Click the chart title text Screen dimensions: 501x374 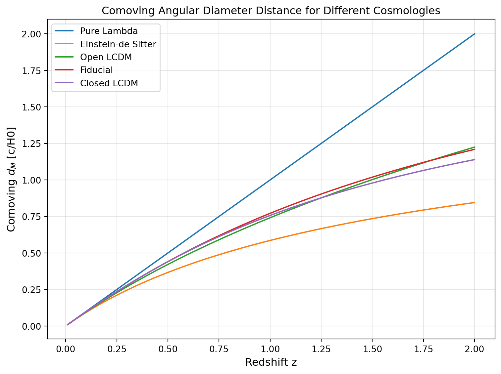coord(271,11)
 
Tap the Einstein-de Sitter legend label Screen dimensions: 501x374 coord(118,44)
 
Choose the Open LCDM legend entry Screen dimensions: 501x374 coord(106,57)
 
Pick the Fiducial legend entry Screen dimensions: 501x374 coord(96,70)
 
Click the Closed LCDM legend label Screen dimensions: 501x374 coord(109,83)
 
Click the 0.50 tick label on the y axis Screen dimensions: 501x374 coord(31,253)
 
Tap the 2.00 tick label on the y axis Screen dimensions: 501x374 coord(31,34)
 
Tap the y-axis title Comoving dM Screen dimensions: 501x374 coord(11,179)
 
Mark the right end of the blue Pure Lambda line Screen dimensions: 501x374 coord(475,34)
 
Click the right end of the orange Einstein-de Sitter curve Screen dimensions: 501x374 coord(475,202)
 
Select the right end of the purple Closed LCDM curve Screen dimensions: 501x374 coord(475,159)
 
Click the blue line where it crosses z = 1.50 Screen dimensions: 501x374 coord(372,107)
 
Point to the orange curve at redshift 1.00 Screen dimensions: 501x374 coord(270,240)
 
